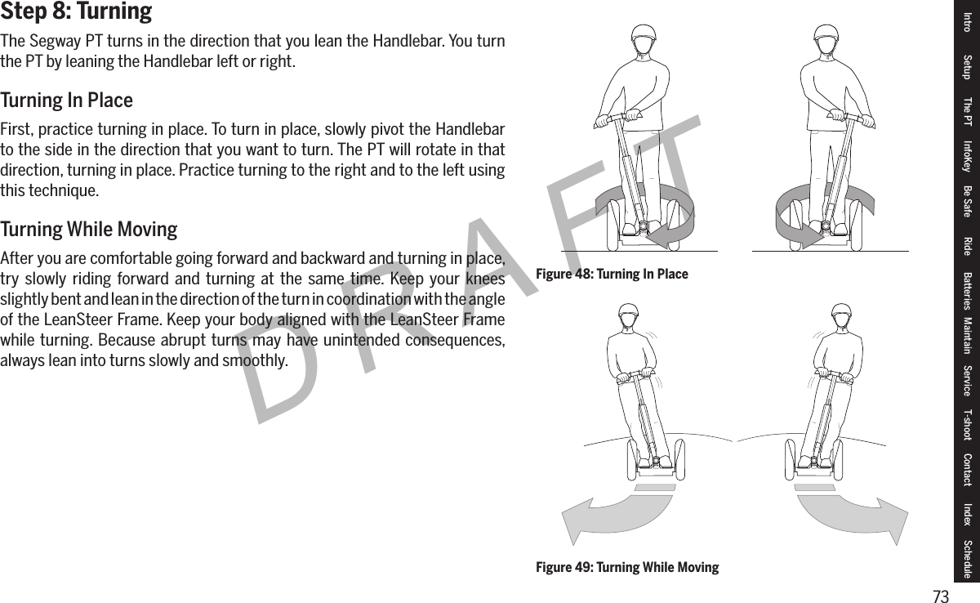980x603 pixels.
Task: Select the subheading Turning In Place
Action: coord(66,101)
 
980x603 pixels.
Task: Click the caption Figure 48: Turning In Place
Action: coord(612,274)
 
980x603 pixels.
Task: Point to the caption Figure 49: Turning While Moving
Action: coord(627,567)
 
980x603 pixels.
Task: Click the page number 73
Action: coord(942,596)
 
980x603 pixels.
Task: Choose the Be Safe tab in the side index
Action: coord(968,201)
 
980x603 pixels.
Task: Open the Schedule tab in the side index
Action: coord(968,558)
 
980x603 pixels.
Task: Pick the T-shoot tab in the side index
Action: coord(968,424)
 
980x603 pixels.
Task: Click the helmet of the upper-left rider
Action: coord(644,36)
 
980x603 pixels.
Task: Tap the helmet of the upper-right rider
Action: coord(826,36)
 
